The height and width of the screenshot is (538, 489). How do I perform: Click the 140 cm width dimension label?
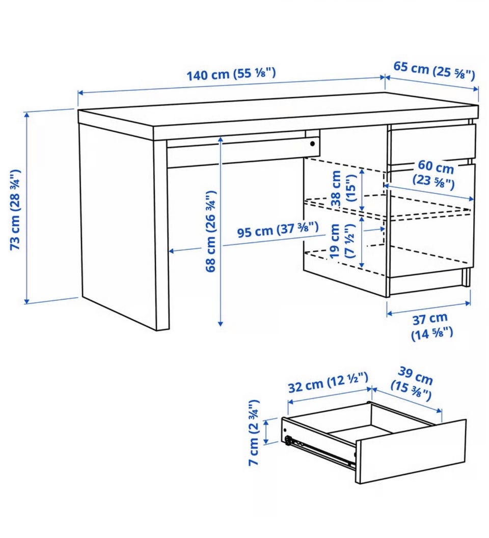click(x=231, y=74)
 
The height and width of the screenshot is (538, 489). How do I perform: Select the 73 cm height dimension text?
click(x=16, y=209)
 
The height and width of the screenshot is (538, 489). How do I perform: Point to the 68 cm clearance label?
click(x=210, y=232)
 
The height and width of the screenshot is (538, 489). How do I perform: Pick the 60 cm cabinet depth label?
click(x=434, y=174)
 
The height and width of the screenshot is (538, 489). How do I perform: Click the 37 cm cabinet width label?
click(x=431, y=326)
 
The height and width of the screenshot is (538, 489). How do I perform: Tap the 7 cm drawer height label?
click(x=254, y=433)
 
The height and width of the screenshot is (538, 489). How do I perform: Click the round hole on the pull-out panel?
click(x=312, y=144)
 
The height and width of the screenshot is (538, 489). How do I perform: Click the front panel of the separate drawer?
click(x=411, y=451)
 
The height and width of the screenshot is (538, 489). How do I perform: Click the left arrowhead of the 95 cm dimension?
click(x=172, y=251)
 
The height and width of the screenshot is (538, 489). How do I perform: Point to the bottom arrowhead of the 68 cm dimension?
click(x=221, y=323)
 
